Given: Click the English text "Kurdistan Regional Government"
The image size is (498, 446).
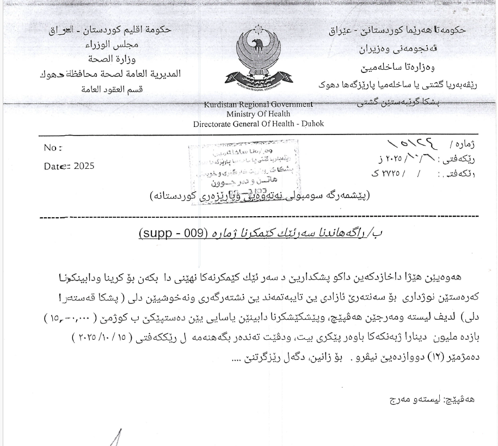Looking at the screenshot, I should tap(259, 104).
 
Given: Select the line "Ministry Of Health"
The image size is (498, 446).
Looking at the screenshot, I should tap(259, 114).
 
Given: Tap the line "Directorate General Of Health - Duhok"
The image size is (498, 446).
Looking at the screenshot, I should tap(259, 124).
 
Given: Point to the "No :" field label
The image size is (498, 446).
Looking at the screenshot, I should tap(53, 148).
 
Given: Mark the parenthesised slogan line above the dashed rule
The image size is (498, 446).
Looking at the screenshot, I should tap(259, 196).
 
